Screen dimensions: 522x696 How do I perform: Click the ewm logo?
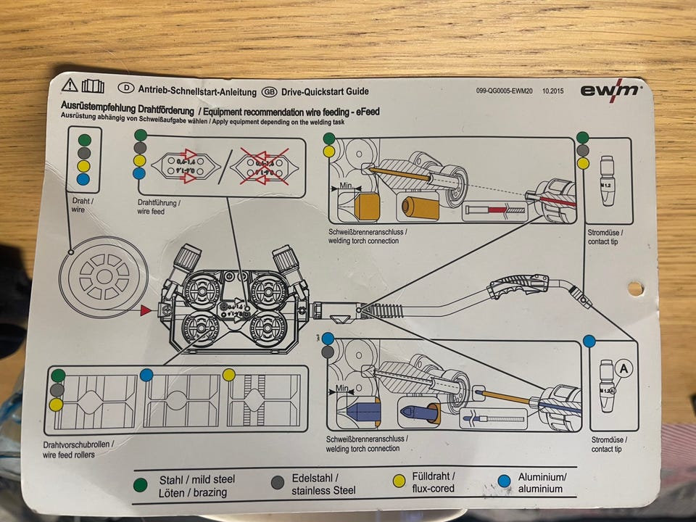pos(610,90)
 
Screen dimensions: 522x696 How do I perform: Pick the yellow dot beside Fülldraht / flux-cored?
pos(399,481)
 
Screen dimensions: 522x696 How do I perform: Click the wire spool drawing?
pos(104,276)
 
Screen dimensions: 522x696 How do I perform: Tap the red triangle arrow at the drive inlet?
pos(146,310)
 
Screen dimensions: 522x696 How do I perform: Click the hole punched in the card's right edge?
pos(635,289)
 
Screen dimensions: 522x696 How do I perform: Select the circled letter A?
pos(622,368)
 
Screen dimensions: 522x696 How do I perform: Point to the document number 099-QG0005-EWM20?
pos(505,92)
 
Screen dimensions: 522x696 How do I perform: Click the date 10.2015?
pos(552,92)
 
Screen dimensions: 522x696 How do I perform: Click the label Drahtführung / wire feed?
pos(159,207)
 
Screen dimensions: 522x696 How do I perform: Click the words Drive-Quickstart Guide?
pos(325,91)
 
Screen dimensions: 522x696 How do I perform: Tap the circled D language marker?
pos(127,88)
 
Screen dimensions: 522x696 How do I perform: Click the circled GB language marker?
pos(269,91)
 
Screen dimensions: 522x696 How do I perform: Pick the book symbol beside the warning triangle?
pos(93,86)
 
